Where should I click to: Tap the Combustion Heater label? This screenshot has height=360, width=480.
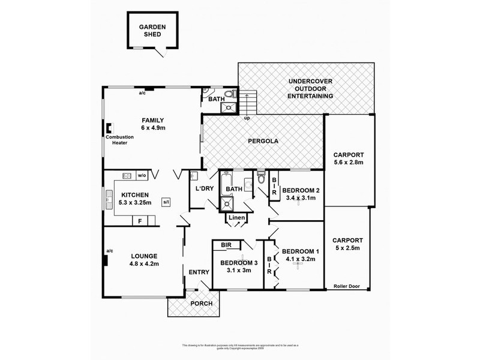pyautogui.click(x=116, y=140)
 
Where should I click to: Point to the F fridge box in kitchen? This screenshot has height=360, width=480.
pyautogui.click(x=140, y=221)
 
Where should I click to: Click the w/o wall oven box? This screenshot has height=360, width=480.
pyautogui.click(x=142, y=176)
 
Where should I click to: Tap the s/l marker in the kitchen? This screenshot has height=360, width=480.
pyautogui.click(x=166, y=203)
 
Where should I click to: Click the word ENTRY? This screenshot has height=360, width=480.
pyautogui.click(x=199, y=272)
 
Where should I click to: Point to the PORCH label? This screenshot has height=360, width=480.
pyautogui.click(x=201, y=304)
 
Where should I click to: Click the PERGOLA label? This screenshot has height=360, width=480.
pyautogui.click(x=263, y=142)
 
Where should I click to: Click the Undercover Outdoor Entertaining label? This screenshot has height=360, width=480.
pyautogui.click(x=310, y=88)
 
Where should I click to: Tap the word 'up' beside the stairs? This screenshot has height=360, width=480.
pyautogui.click(x=247, y=118)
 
